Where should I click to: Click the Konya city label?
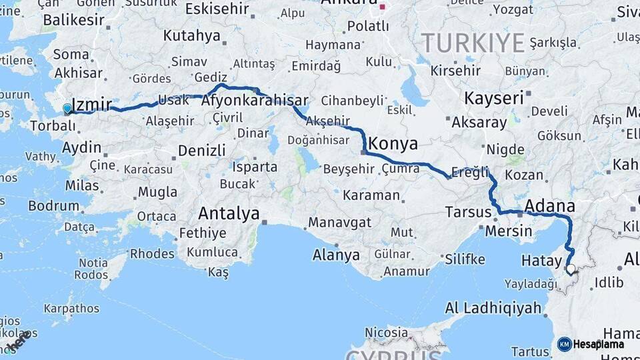pyautogui.click(x=393, y=143)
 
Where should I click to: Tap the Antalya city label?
pyautogui.click(x=229, y=214)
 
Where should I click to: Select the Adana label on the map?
pyautogui.click(x=550, y=205)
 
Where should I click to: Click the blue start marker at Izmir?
pyautogui.click(x=67, y=108)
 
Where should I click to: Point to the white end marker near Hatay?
pyautogui.click(x=570, y=269)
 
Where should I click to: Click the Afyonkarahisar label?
pyautogui.click(x=255, y=101)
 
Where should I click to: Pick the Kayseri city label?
pyautogui.click(x=494, y=98)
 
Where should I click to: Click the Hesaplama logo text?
pyautogui.click(x=598, y=344)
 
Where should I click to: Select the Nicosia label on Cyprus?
pyautogui.click(x=387, y=332)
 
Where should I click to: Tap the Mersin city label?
pyautogui.click(x=509, y=231)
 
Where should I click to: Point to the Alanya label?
pyautogui.click(x=336, y=255)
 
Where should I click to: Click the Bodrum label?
pyautogui.click(x=54, y=205)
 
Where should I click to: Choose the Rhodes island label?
pyautogui.click(x=152, y=253)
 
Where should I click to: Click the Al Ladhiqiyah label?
pyautogui.click(x=493, y=308)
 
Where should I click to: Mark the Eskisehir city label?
pyautogui.click(x=217, y=9)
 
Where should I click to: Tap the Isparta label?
pyautogui.click(x=255, y=167)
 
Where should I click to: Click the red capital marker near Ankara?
pyautogui.click(x=383, y=7)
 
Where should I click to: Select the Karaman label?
pyautogui.click(x=371, y=196)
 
